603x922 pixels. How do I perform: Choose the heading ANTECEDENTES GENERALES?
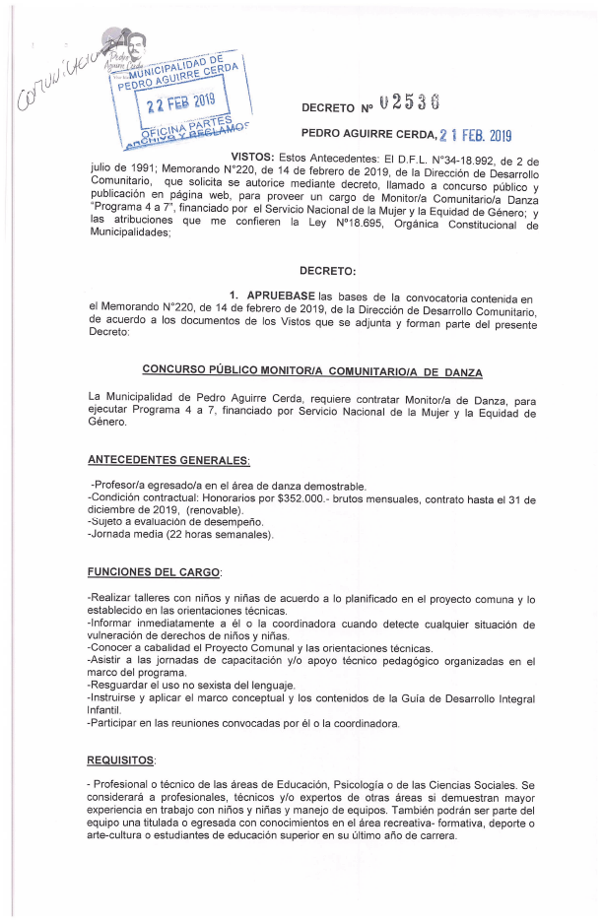pyautogui.click(x=168, y=460)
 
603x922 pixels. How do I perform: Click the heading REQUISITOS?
pyautogui.click(x=120, y=760)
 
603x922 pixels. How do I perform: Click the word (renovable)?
pyautogui.click(x=213, y=511)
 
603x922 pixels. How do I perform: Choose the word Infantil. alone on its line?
pyautogui.click(x=107, y=709)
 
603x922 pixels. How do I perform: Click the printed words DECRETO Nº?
pyautogui.click(x=341, y=105)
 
